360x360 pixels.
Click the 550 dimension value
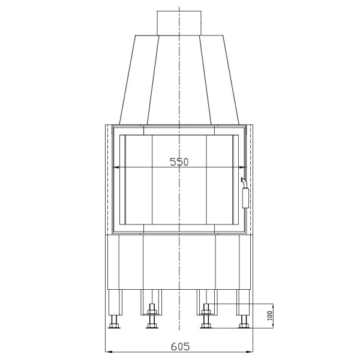pos(179,161)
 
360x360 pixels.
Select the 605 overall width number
pos(179,346)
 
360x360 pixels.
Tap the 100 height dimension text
pos(270,314)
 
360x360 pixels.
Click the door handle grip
pos(245,197)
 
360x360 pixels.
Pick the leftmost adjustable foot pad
pos(114,326)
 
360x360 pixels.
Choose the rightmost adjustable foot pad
pos(243,326)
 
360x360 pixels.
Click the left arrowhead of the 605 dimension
pos(107,352)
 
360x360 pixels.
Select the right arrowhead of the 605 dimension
pos(251,352)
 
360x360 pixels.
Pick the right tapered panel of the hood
pos(220,78)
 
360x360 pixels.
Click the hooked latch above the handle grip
pos(243,181)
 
